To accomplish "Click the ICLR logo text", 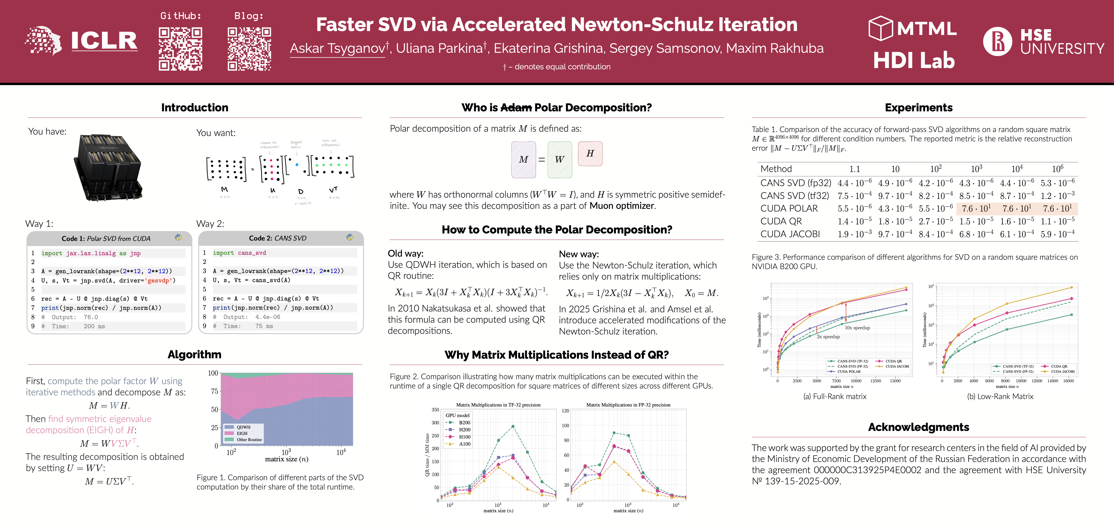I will tap(104, 41).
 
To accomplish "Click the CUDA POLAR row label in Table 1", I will tap(789, 209).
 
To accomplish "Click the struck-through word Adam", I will tap(516, 108).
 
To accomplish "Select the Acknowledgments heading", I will tap(919, 427).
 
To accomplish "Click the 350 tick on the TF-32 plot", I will tap(435, 409).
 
